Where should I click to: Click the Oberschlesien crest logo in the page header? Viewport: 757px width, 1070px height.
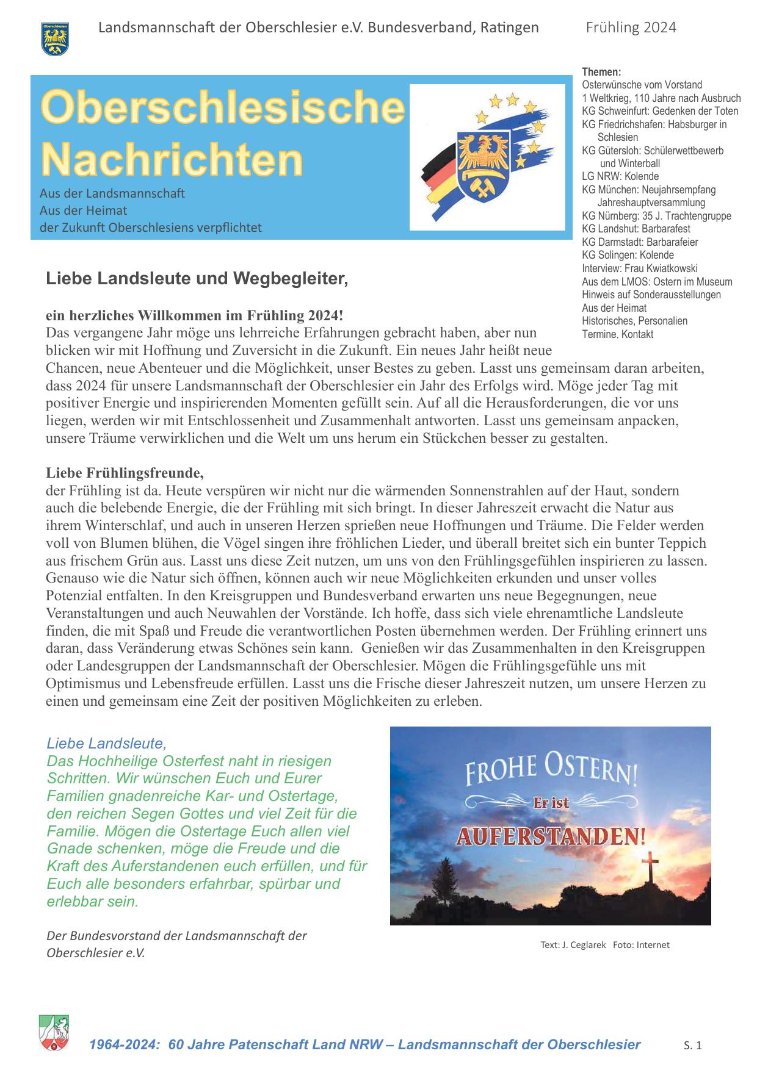(55, 38)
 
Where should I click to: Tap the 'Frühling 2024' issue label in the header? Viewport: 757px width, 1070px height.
(631, 27)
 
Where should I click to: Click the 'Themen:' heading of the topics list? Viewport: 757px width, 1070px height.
(601, 72)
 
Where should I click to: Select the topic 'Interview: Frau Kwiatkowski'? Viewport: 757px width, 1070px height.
(639, 268)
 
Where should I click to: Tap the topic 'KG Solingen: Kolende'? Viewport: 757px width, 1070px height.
(628, 255)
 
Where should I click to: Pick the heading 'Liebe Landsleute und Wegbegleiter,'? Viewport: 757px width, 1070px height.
(197, 279)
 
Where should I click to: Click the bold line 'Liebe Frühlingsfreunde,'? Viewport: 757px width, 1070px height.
(125, 473)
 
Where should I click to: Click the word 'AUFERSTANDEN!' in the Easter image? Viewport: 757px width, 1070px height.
(550, 835)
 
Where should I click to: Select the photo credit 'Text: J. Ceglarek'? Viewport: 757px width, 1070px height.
(573, 945)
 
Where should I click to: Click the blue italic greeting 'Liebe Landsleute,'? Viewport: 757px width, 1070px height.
(106, 744)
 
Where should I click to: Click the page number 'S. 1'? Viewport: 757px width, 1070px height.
(692, 1045)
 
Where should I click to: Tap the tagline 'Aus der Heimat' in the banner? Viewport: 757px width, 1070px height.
(83, 210)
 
